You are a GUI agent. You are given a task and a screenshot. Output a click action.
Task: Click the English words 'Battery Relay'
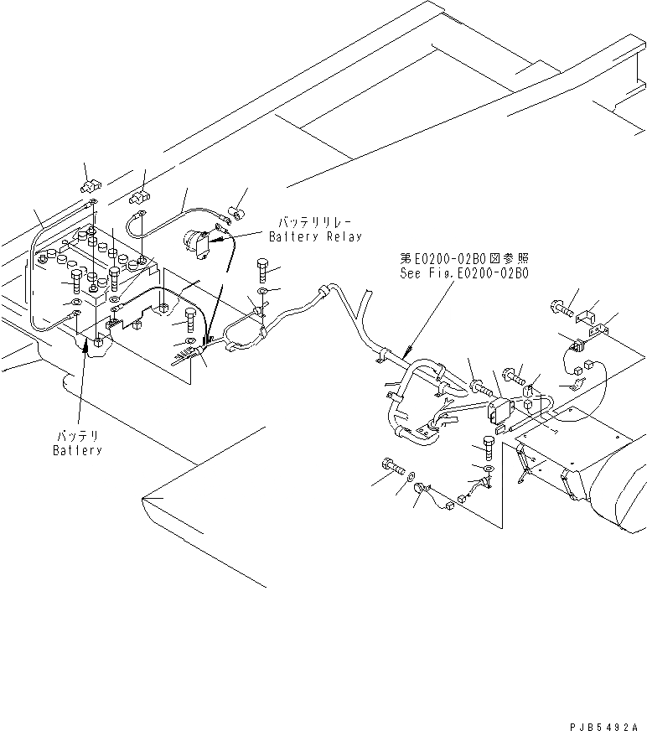(315, 237)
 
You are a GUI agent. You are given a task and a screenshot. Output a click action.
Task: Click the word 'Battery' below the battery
(77, 450)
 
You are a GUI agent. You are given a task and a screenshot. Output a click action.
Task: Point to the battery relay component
(198, 244)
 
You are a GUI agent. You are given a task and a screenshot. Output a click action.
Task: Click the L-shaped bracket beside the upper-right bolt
(587, 317)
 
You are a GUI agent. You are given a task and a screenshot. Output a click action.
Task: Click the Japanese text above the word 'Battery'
(77, 436)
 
